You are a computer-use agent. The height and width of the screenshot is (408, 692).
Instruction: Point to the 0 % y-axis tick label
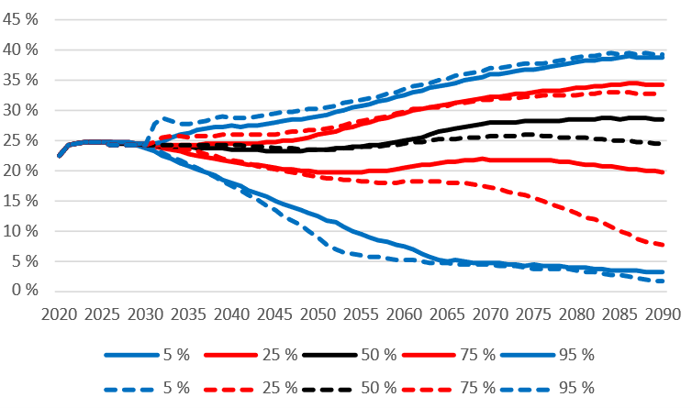pos(25,292)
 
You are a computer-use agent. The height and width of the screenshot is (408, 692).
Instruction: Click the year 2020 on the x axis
pos(60,314)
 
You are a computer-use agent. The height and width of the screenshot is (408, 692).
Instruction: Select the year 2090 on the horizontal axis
pos(664,314)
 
